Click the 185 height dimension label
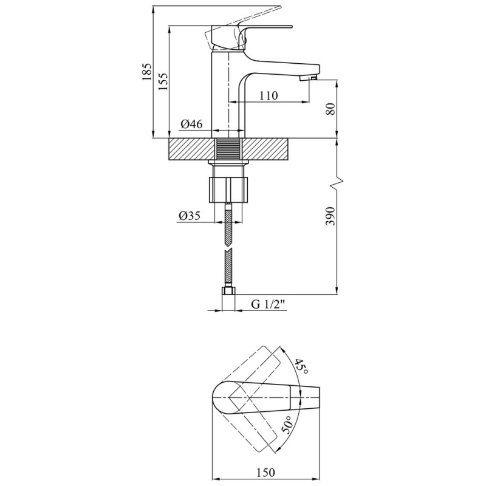click(147, 72)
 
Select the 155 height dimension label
click(163, 81)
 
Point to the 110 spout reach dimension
click(269, 95)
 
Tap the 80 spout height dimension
click(331, 109)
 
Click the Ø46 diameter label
click(191, 125)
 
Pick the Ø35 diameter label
click(190, 216)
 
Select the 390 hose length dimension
click(331, 216)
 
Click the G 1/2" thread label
click(268, 304)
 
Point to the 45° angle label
click(301, 367)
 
